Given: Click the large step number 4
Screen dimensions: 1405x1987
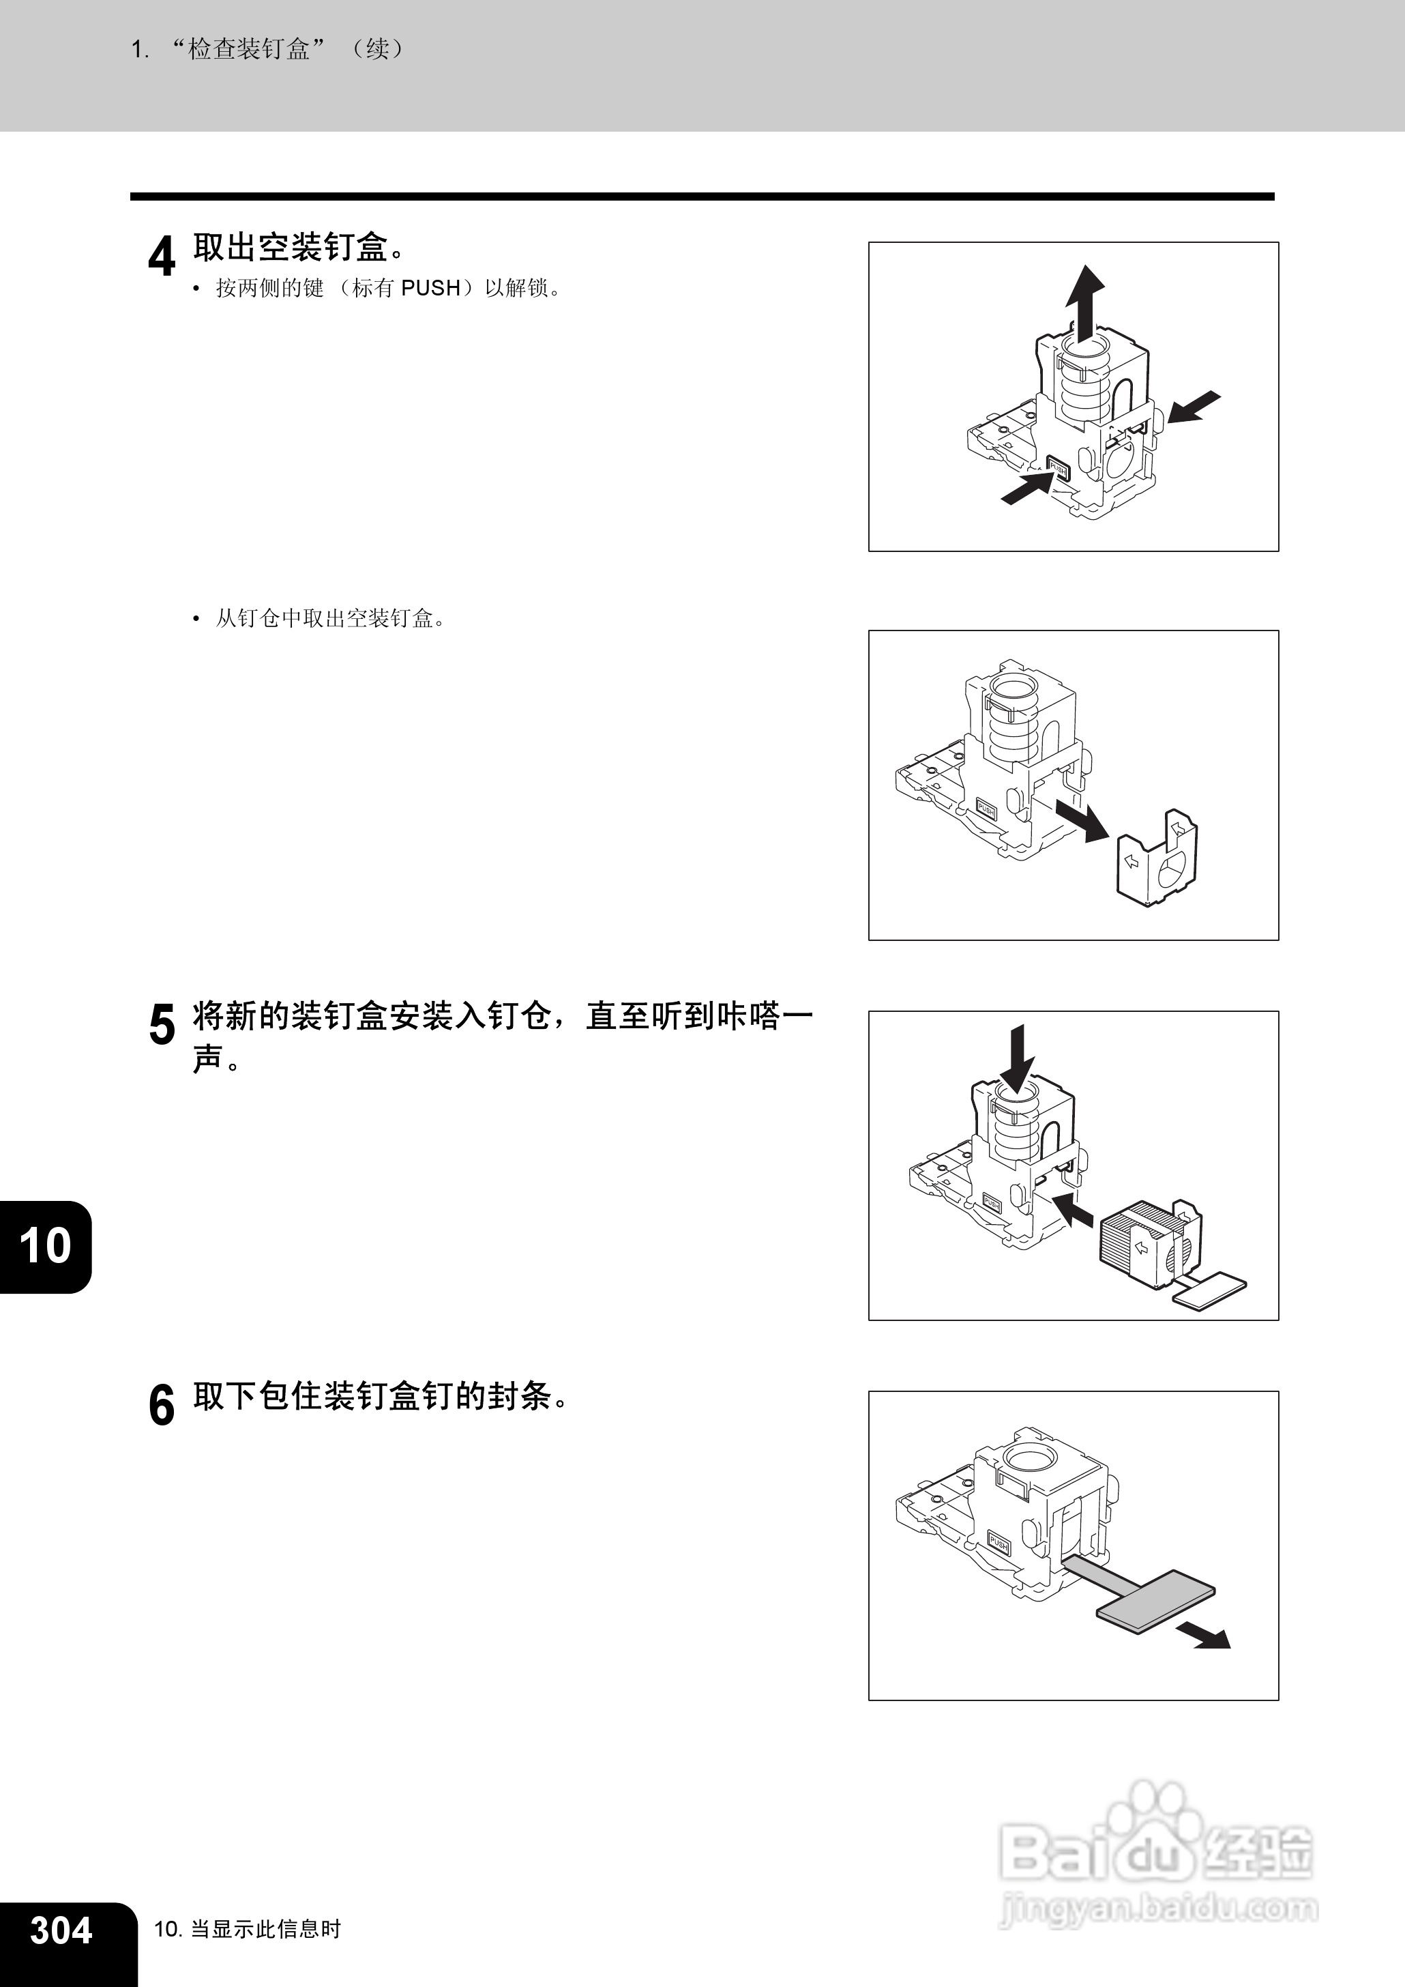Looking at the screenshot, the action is pyautogui.click(x=162, y=257).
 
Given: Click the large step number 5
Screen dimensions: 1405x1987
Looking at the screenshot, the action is pyautogui.click(x=162, y=1025).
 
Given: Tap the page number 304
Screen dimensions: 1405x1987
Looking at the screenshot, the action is pyautogui.click(x=61, y=1931).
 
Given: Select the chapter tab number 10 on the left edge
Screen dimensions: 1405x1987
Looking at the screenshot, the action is pyautogui.click(x=44, y=1246).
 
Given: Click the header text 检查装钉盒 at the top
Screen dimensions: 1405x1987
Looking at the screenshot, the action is pyautogui.click(x=249, y=49).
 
